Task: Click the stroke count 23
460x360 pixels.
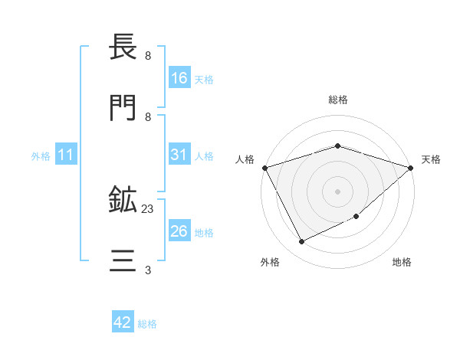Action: (x=148, y=208)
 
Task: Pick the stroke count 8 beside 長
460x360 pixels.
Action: (x=148, y=56)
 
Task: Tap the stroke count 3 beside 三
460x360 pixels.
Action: (x=148, y=270)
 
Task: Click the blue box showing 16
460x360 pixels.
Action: (x=179, y=78)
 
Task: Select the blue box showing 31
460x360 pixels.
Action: (x=179, y=155)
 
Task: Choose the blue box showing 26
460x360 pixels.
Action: (x=179, y=231)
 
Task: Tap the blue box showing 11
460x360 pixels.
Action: (x=66, y=155)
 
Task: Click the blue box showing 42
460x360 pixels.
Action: (x=123, y=322)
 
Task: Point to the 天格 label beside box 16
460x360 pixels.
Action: (x=204, y=80)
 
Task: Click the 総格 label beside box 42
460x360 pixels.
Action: (x=147, y=324)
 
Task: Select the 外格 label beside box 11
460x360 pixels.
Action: (x=41, y=156)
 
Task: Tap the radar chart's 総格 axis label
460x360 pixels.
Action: (x=338, y=100)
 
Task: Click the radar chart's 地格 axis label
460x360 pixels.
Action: (x=402, y=263)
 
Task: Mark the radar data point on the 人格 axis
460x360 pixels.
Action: (x=264, y=167)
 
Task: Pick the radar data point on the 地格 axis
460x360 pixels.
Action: (x=356, y=218)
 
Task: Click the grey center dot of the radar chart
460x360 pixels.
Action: (x=338, y=191)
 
